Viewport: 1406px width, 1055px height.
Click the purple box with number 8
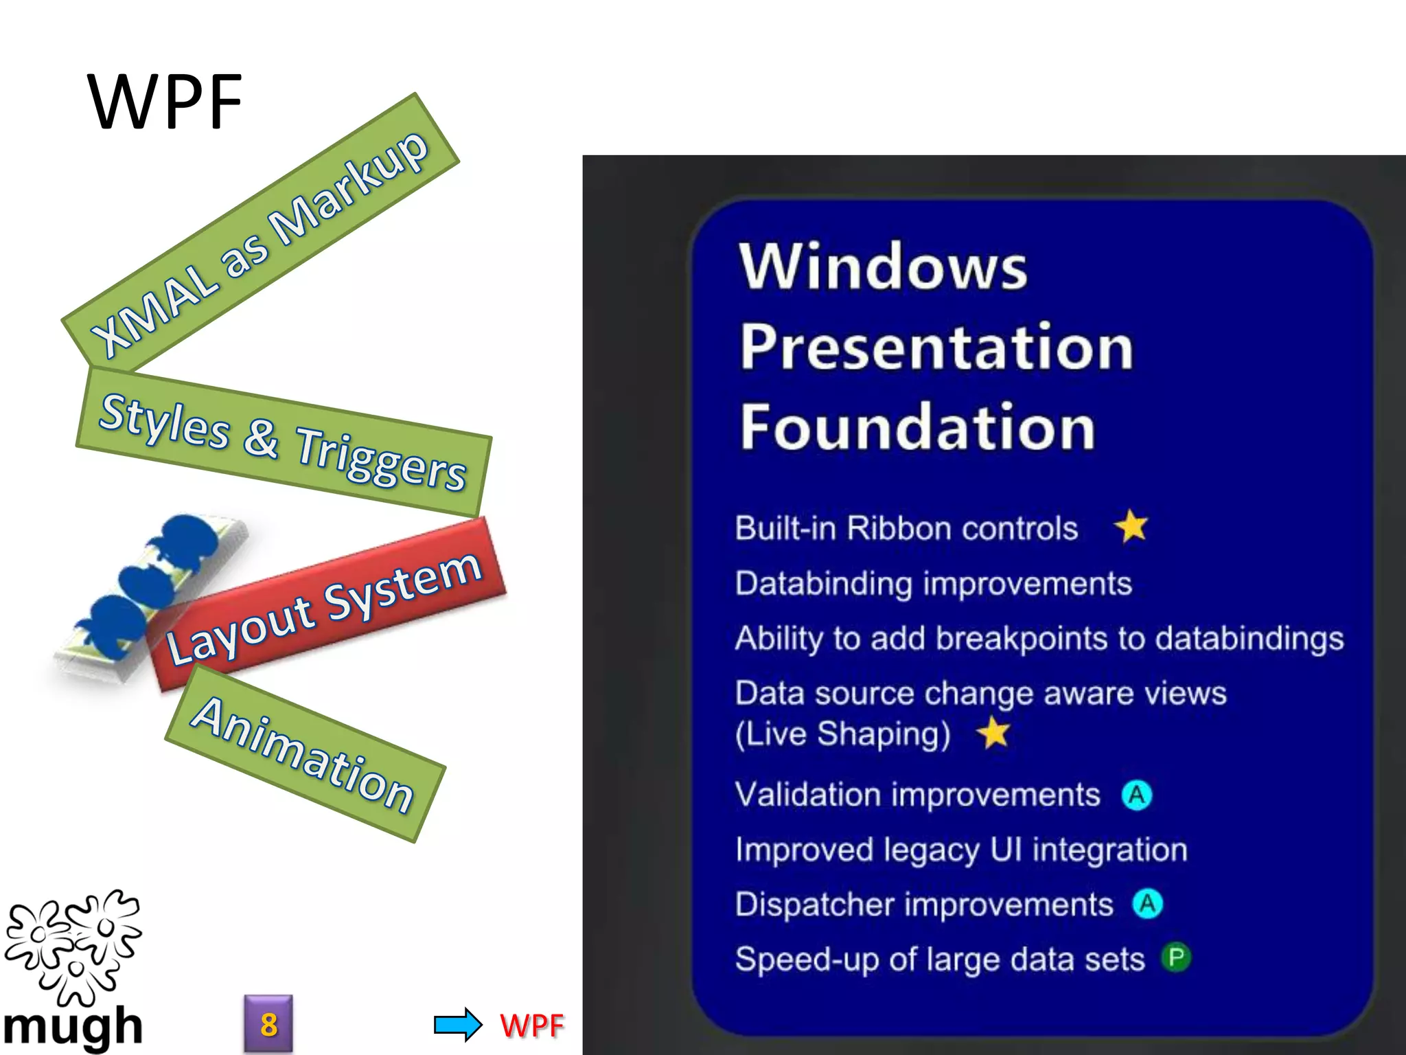268,1024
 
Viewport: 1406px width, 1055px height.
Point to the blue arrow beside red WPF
458,1025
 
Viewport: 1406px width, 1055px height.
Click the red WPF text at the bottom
532,1025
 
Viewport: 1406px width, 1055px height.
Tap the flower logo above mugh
72,944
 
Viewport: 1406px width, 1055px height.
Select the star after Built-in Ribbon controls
1131,526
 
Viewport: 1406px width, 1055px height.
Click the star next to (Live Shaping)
994,732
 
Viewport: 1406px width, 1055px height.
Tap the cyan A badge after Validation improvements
1137,795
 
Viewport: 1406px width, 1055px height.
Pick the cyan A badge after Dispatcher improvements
1147,904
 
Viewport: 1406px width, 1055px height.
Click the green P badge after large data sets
1176,957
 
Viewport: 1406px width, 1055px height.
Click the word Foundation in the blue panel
917,427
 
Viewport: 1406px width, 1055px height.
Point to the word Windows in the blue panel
883,266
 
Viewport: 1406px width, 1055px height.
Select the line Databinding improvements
933,584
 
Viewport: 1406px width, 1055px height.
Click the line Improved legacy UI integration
961,850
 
